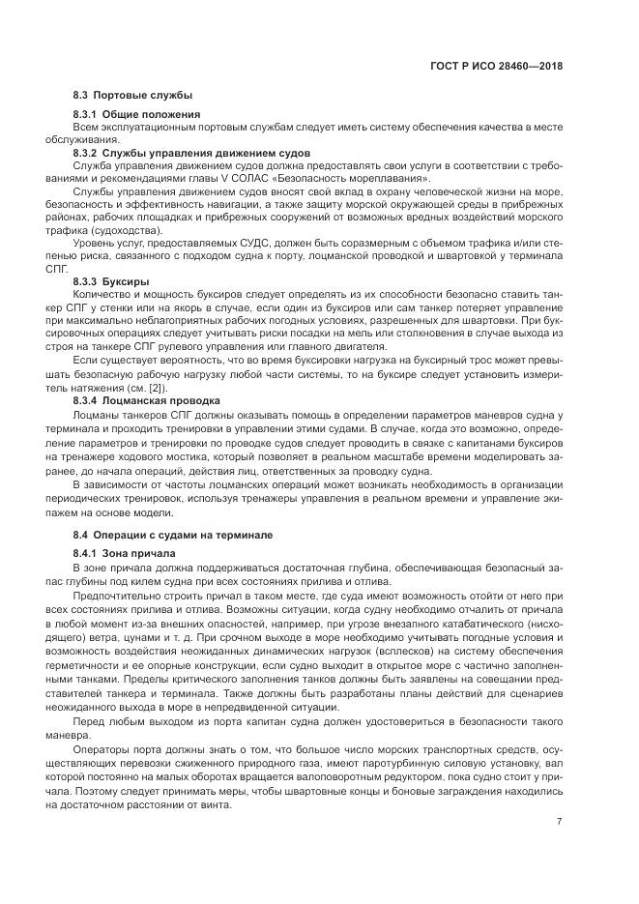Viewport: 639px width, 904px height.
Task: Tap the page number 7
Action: pos(560,822)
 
